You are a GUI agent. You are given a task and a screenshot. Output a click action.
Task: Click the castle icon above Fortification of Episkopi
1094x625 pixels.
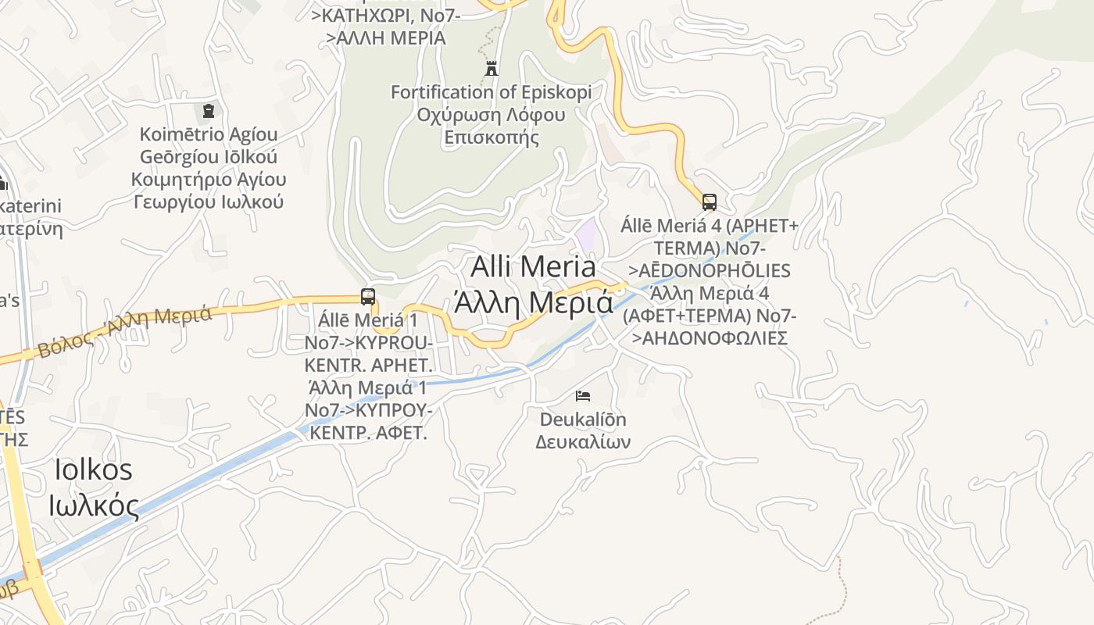point(492,69)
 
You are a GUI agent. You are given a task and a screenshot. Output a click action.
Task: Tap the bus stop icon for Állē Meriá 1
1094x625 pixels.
point(368,297)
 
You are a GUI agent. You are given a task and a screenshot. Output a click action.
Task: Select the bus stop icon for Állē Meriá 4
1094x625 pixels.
point(709,202)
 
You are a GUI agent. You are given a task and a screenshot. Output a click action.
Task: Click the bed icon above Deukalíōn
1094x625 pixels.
point(583,396)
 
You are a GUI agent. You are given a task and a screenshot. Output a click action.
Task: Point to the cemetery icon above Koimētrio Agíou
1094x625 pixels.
point(208,112)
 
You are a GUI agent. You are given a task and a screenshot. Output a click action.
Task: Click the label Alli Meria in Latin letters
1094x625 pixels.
point(534,267)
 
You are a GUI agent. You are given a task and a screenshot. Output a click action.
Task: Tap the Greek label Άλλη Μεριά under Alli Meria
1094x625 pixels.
point(534,302)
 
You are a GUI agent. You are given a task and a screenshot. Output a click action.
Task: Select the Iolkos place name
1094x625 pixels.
point(94,470)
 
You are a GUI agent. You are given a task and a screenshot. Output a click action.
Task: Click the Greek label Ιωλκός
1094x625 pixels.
point(94,505)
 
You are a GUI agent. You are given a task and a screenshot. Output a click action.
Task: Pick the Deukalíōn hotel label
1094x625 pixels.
point(583,420)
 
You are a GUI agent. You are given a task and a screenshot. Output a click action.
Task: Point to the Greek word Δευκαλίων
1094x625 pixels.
point(583,442)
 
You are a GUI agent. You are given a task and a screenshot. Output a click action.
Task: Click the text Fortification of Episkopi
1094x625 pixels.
point(491,92)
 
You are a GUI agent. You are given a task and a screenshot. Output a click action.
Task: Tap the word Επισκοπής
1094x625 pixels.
point(491,138)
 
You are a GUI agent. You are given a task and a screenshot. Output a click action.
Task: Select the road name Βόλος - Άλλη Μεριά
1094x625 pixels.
point(125,331)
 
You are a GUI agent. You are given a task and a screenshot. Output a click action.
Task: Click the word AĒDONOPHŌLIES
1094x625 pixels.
point(714,271)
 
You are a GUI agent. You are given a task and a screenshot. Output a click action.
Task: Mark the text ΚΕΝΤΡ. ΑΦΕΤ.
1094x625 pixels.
point(369,432)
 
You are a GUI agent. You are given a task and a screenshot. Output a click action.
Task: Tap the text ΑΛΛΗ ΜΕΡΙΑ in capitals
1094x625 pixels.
point(391,37)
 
